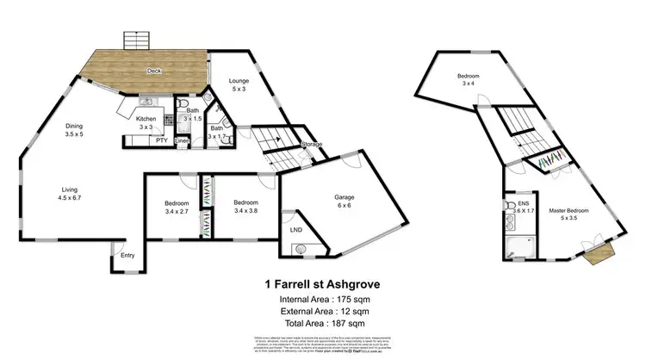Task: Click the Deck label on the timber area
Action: pyautogui.click(x=154, y=71)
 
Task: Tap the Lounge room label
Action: pyautogui.click(x=239, y=85)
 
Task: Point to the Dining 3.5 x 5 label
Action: pyautogui.click(x=75, y=130)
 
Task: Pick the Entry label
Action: pyautogui.click(x=127, y=255)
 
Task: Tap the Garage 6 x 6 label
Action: pyautogui.click(x=345, y=202)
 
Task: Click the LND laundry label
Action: pyautogui.click(x=296, y=230)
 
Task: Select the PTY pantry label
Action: pyautogui.click(x=161, y=140)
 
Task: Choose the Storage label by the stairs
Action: pyautogui.click(x=311, y=145)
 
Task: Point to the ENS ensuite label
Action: pyautogui.click(x=522, y=205)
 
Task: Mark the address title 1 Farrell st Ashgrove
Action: pyautogui.click(x=322, y=282)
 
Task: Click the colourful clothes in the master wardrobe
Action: pyautogui.click(x=550, y=162)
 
